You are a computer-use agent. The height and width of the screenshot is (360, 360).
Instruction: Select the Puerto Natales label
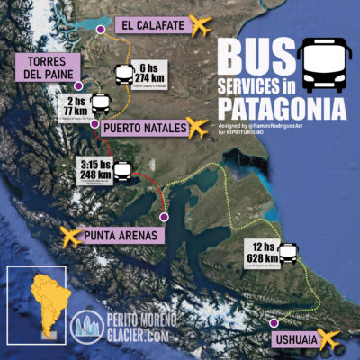[x=143, y=128]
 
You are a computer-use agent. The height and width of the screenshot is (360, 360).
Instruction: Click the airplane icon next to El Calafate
[x=205, y=24]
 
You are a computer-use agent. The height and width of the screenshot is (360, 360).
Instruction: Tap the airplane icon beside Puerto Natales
[x=201, y=127]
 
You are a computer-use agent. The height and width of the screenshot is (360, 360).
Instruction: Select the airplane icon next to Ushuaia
[x=331, y=339]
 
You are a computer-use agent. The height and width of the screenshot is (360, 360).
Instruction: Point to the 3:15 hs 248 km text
[x=97, y=171]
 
